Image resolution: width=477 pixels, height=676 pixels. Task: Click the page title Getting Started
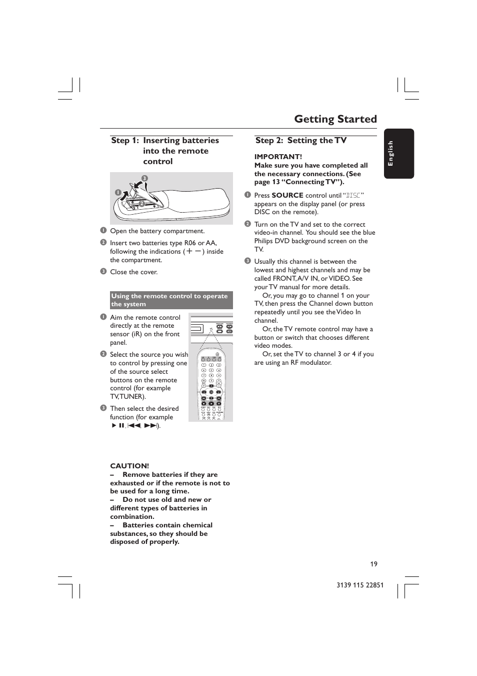point(335,119)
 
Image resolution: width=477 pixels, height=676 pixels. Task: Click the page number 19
point(373,564)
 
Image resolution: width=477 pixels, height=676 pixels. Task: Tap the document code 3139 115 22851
point(360,585)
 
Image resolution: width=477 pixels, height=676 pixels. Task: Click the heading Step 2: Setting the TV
point(301,141)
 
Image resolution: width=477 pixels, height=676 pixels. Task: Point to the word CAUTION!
point(129,466)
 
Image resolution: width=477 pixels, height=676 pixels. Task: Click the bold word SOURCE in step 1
point(287,195)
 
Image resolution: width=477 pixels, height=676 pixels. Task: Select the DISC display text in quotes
point(353,196)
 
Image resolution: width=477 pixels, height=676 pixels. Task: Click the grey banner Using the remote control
point(171,300)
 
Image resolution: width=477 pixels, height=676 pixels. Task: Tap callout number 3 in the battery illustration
point(144,179)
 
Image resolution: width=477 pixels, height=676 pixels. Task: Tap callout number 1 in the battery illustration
point(118,193)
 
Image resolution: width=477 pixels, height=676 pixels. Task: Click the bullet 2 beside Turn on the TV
point(247,224)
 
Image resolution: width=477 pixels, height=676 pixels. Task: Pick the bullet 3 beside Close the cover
point(103,272)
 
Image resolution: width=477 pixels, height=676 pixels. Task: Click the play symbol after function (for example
point(114,426)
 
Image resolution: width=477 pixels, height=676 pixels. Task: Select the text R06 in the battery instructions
point(190,243)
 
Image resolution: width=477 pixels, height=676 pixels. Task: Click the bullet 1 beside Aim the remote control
point(103,317)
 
